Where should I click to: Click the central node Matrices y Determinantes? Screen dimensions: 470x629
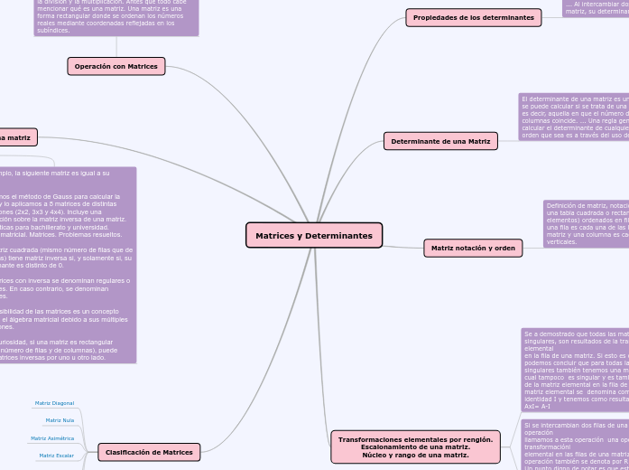(x=314, y=236)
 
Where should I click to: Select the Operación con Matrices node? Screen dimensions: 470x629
(x=116, y=66)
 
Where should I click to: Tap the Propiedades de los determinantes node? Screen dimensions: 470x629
(x=473, y=17)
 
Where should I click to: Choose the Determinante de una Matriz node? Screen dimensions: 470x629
(x=440, y=141)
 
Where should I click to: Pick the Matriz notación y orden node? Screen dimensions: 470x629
(x=473, y=248)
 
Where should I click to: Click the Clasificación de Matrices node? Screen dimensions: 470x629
(x=149, y=452)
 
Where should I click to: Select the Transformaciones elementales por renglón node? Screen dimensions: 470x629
(x=415, y=446)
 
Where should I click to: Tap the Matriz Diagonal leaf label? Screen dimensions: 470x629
(x=54, y=403)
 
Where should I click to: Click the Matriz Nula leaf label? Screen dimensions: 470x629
(x=60, y=420)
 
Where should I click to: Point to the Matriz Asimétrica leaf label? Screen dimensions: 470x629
(x=52, y=438)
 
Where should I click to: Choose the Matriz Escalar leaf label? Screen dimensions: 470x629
(x=56, y=456)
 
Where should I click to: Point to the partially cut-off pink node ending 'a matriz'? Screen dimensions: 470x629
(x=16, y=137)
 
